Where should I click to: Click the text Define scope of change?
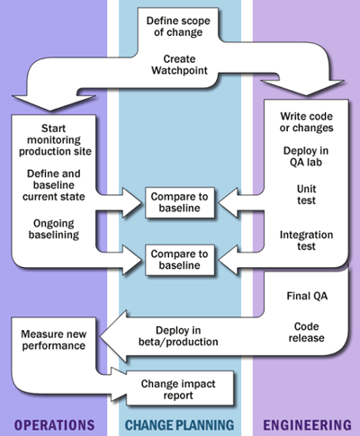pos(180,26)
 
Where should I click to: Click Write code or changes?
pos(306,120)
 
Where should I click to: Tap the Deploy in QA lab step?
pos(306,157)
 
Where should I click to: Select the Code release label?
pos(306,333)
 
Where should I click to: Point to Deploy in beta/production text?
pos(178,337)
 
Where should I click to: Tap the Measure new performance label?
pos(54,339)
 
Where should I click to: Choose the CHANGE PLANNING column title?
pos(180,423)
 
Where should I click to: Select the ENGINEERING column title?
pos(306,423)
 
